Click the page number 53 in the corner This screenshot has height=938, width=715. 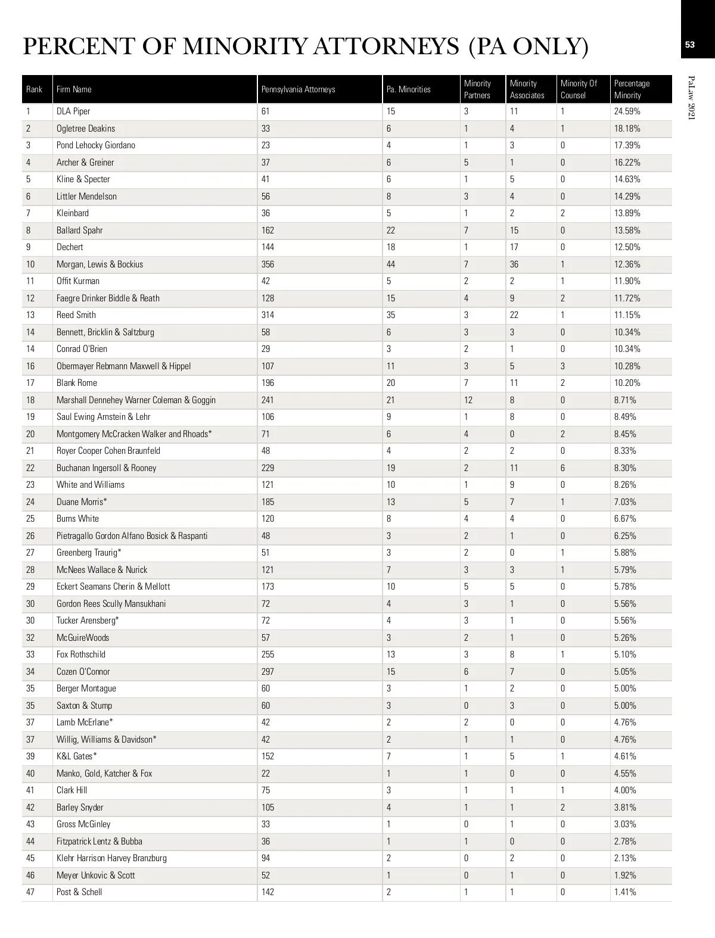pos(690,45)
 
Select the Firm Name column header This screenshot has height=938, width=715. pos(74,89)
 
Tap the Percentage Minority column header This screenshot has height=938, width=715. pos(632,89)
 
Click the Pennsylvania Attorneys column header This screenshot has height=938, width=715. pos(298,89)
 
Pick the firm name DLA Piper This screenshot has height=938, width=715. pos(73,111)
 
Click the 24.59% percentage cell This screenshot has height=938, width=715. pos(627,111)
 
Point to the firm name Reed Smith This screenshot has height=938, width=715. pos(76,315)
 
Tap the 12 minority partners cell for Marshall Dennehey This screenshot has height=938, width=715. pos(468,400)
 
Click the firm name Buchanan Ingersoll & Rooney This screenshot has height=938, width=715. pos(106,468)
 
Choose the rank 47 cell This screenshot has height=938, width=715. pos(30,892)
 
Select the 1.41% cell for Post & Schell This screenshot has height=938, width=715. pos(625,892)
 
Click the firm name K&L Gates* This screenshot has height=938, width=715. pos(76,756)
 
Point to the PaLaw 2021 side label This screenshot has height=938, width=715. pos(691,98)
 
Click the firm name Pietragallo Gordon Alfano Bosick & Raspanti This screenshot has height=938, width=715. pos(132,536)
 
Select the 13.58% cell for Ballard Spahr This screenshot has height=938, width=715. pos(627,230)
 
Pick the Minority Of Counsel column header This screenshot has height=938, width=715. pos(579,89)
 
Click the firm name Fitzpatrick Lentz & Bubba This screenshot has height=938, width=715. pos(99,842)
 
